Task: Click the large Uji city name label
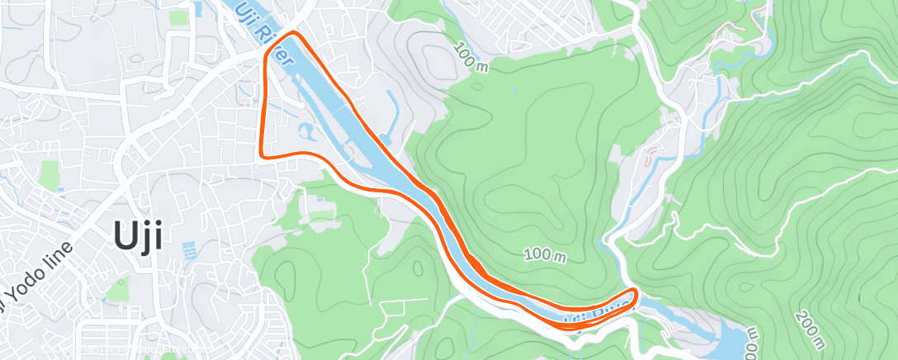pyautogui.click(x=135, y=237)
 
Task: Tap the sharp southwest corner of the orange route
pyautogui.click(x=262, y=154)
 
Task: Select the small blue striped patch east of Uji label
pyautogui.click(x=189, y=249)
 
